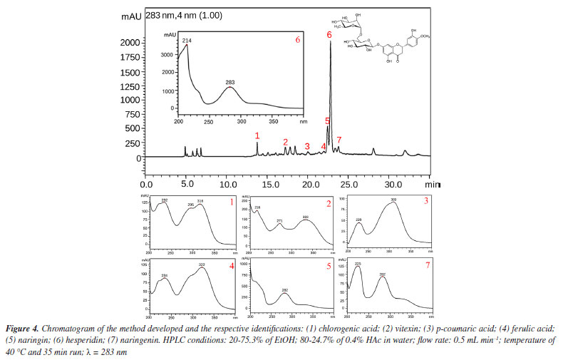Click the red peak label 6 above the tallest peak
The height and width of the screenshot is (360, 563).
coord(329,34)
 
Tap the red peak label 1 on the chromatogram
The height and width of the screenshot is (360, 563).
coord(257,135)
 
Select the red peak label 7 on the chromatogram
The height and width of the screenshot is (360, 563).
coord(339,140)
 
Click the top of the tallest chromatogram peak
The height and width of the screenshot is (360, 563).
coord(330,42)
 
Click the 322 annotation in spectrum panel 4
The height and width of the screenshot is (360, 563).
coord(202,265)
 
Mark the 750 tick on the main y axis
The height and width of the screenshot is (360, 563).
coord(130,114)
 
